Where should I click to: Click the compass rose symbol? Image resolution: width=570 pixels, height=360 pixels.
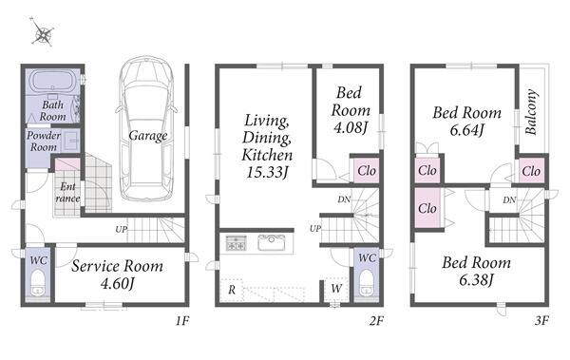click(x=43, y=32)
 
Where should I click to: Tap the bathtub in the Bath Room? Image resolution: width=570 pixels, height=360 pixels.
click(x=52, y=81)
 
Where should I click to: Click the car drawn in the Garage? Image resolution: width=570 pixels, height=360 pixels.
click(x=146, y=128)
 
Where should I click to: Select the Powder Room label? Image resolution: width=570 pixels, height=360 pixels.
click(x=44, y=142)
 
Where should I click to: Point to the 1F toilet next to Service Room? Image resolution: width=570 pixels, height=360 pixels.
click(x=37, y=282)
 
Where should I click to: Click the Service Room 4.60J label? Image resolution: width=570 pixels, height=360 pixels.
click(x=117, y=274)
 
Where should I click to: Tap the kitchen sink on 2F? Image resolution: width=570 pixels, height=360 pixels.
click(x=271, y=242)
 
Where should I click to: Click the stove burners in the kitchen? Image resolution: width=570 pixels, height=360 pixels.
click(x=237, y=242)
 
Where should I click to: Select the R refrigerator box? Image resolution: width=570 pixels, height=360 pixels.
click(x=232, y=290)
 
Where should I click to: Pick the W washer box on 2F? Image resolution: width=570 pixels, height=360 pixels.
click(x=336, y=289)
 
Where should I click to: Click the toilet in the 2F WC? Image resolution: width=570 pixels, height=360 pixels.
click(x=366, y=282)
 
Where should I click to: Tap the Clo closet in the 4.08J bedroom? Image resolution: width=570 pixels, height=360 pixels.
click(x=367, y=170)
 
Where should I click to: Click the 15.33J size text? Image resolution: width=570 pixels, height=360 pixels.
click(x=267, y=172)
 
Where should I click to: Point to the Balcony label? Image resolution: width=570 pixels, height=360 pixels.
click(x=531, y=112)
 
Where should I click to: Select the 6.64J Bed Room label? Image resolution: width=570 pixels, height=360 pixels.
click(x=467, y=121)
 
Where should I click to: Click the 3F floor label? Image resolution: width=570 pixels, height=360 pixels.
click(x=541, y=320)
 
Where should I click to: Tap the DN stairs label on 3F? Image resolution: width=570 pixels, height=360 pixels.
click(x=509, y=199)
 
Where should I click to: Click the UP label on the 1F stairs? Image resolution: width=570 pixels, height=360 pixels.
click(x=122, y=230)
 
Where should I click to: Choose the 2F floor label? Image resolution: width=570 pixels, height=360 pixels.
click(x=376, y=321)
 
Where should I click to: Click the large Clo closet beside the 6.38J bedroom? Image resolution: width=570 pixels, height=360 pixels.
click(x=427, y=208)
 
